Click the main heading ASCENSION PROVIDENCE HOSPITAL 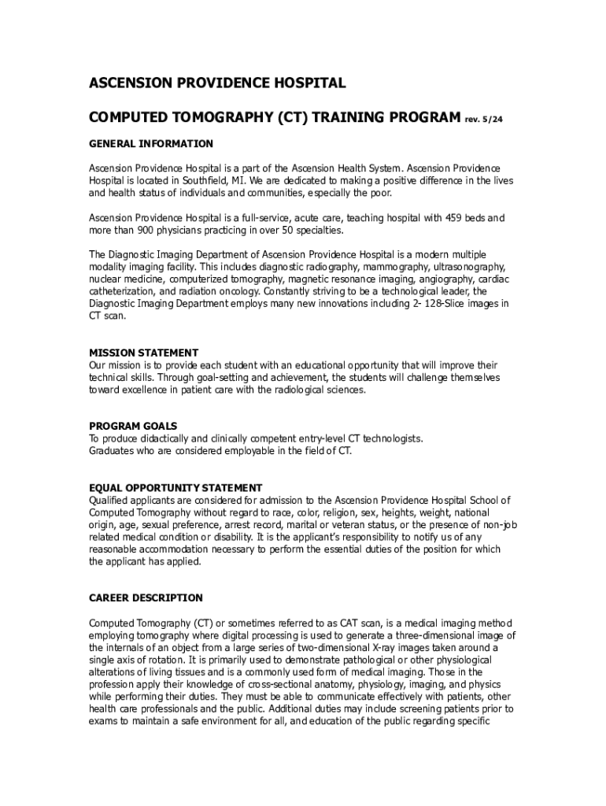point(216,83)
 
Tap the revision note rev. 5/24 point(483,120)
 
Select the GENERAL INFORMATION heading point(150,144)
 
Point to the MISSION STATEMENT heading point(143,353)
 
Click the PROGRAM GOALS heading point(133,426)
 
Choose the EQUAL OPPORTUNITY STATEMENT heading point(176,488)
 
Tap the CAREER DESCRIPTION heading point(146,598)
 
